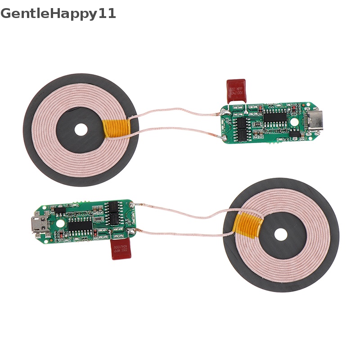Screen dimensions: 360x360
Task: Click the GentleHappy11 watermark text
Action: pyautogui.click(x=58, y=13)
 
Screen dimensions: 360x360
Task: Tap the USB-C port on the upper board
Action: pyautogui.click(x=310, y=120)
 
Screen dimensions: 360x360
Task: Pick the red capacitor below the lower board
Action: pyautogui.click(x=121, y=249)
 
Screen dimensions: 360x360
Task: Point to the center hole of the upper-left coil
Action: pyautogui.click(x=81, y=130)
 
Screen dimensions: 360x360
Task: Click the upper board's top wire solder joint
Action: pyautogui.click(x=224, y=112)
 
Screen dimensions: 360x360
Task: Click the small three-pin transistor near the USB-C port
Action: pyautogui.click(x=295, y=134)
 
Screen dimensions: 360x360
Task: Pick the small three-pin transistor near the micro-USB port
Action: pyautogui.click(x=58, y=210)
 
